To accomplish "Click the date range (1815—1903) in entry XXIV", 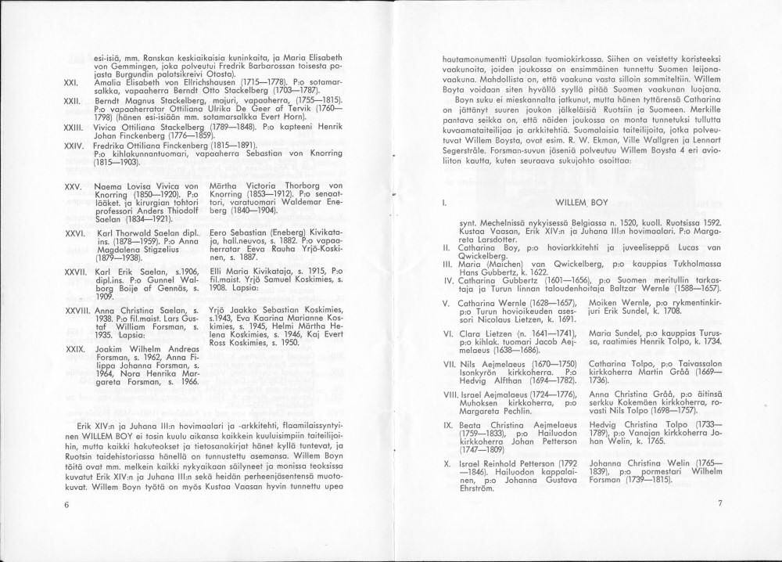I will click(x=116, y=162).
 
